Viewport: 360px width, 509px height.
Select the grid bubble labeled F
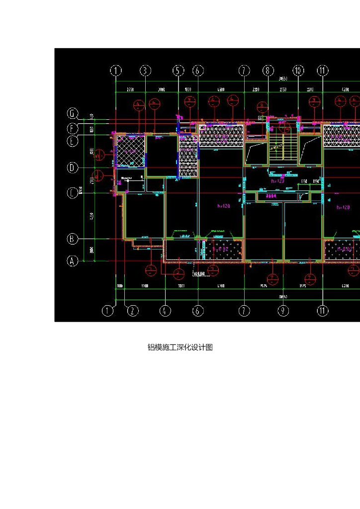click(73, 129)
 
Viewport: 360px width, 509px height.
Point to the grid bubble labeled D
click(73, 168)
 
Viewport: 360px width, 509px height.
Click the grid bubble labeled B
click(73, 239)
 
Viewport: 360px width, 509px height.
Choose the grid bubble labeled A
click(73, 260)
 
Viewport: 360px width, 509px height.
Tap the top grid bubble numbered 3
click(145, 71)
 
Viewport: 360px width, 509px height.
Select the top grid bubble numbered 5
click(179, 71)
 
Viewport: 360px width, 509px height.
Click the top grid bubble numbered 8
click(268, 71)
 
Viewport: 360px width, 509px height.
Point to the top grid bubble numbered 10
click(298, 71)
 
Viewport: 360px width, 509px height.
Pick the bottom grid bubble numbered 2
click(133, 311)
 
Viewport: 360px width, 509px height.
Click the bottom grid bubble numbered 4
click(165, 311)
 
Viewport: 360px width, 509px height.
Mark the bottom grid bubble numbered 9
click(283, 311)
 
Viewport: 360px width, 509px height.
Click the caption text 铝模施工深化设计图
click(180, 347)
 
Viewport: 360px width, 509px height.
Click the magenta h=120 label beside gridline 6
click(225, 205)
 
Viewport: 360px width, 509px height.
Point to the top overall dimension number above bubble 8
click(283, 79)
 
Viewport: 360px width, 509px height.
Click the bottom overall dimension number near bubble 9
click(283, 296)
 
